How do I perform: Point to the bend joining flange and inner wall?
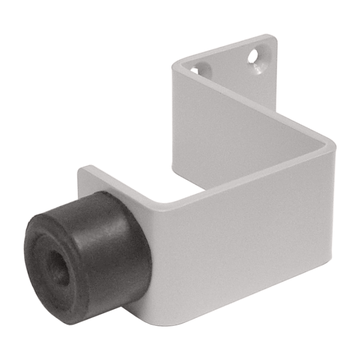tap(177, 67)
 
